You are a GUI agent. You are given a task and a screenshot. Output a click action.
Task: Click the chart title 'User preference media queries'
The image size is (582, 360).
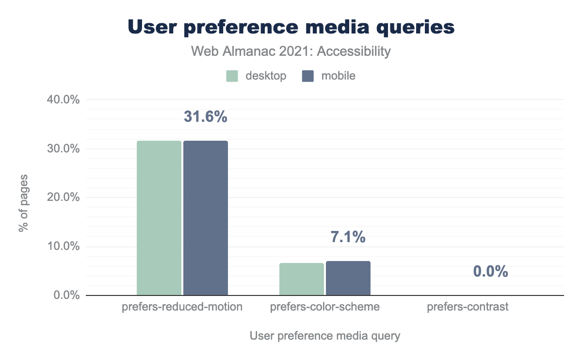[291, 28]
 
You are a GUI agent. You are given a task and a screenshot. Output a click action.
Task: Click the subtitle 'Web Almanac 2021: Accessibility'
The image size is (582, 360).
[291, 51]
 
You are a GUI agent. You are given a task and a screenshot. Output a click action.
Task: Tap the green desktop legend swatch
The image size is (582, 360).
[232, 76]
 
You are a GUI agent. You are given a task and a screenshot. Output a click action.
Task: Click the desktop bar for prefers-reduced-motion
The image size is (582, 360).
[159, 218]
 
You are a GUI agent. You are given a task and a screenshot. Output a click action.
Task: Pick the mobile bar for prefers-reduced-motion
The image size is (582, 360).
[205, 218]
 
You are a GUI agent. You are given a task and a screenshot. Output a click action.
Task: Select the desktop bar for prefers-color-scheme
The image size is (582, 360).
[301, 279]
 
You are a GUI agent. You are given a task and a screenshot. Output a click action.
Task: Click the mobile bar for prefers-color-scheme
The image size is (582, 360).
[348, 278]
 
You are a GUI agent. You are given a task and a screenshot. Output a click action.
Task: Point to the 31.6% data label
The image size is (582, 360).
[205, 117]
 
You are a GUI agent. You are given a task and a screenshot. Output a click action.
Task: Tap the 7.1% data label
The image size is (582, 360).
[348, 238]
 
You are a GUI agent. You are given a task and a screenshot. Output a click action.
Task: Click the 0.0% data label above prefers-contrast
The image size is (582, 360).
[490, 272]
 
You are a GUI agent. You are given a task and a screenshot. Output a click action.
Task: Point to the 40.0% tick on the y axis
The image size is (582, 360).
[64, 100]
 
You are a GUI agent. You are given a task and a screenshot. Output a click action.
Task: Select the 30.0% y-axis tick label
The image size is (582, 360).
[64, 149]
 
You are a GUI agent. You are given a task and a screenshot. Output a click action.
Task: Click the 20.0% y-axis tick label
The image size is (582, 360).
[64, 197]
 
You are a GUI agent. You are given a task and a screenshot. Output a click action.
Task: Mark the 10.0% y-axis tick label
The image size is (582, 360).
[64, 246]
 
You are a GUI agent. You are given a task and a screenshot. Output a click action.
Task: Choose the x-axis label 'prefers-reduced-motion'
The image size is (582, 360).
[182, 307]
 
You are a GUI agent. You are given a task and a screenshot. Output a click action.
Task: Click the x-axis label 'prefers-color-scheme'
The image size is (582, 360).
[324, 307]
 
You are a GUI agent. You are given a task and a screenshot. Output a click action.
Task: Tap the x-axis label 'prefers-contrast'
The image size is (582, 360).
[468, 307]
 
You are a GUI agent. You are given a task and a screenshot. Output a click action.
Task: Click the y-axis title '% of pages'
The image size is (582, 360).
[23, 203]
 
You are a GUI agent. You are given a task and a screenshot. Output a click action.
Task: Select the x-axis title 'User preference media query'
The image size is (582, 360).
[324, 336]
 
